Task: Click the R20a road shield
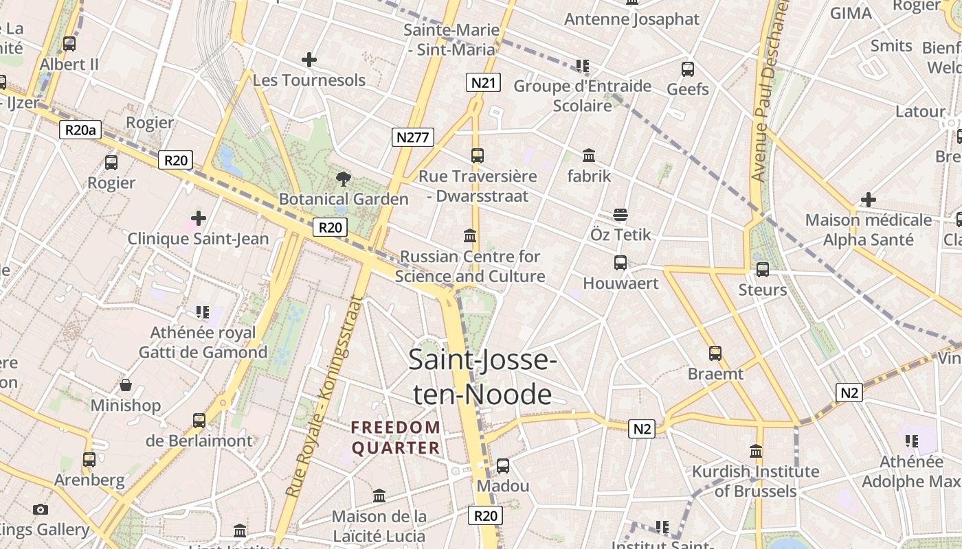(80, 130)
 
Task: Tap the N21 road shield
(483, 83)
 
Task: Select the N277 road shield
(413, 137)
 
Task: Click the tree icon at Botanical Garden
(343, 180)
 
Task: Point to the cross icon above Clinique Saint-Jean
(198, 219)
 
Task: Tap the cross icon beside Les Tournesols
(309, 60)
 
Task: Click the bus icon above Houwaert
(620, 263)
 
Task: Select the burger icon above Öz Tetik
(620, 215)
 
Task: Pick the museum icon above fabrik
(589, 156)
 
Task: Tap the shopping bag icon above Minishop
(126, 385)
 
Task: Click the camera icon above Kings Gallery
(41, 509)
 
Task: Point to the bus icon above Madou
(503, 466)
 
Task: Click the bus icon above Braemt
(715, 353)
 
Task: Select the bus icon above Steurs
(762, 270)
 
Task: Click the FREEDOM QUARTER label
(396, 438)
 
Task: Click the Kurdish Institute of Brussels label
(755, 481)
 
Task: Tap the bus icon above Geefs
(687, 69)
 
